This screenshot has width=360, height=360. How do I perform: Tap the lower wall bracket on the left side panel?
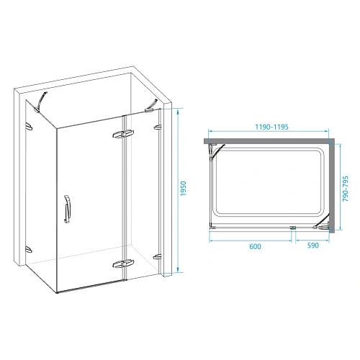click(x=30, y=248)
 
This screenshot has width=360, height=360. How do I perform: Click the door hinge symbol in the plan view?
click(x=294, y=230)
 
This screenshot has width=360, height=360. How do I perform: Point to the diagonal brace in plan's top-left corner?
click(x=214, y=152)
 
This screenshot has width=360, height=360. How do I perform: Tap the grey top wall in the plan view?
click(x=270, y=139)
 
